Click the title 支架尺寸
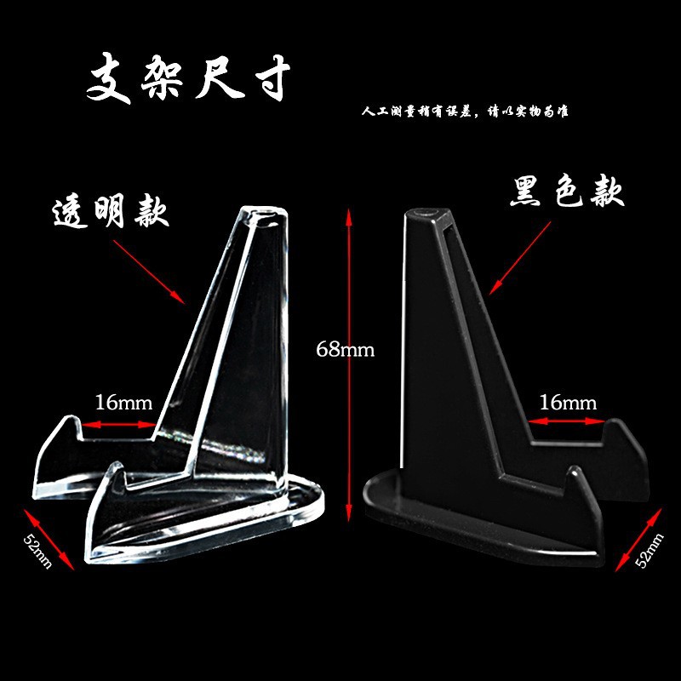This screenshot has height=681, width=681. [189, 80]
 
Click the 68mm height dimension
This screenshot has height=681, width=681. [345, 349]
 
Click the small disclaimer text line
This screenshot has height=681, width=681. [464, 112]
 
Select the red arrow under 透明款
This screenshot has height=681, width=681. [148, 272]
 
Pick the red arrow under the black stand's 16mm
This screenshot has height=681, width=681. [567, 420]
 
